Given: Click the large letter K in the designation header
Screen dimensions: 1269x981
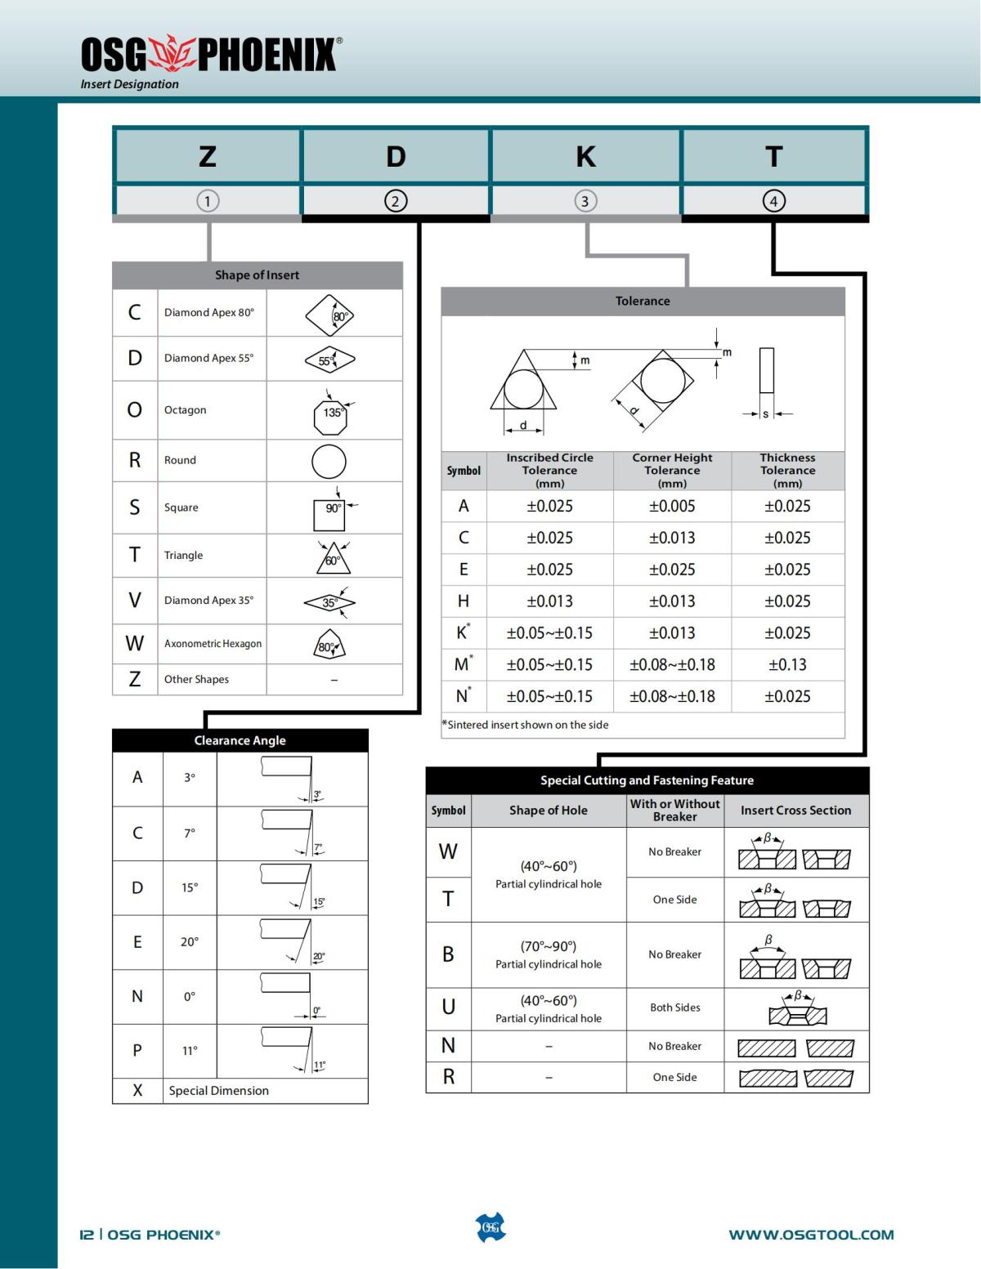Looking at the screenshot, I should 585,156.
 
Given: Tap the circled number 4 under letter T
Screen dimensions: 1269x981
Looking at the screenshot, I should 773,201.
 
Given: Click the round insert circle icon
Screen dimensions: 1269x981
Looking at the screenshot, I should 329,462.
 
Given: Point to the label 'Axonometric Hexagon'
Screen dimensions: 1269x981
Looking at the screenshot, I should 213,644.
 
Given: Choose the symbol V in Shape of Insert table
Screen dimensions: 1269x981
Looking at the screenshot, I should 135,601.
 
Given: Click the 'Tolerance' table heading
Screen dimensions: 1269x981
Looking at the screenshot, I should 643,302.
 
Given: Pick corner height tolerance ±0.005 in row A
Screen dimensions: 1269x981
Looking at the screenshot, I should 672,507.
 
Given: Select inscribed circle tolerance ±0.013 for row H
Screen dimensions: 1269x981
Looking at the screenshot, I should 549,601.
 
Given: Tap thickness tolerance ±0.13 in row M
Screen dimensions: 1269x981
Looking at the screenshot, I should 787,665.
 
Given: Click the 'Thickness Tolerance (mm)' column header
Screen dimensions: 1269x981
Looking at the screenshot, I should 787,471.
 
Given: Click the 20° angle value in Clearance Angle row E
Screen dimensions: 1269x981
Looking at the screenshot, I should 190,942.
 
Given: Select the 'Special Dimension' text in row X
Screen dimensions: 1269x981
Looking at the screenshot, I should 218,1091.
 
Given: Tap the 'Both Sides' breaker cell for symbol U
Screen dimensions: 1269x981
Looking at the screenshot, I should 675,1008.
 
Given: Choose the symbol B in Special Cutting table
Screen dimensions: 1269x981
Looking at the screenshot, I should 448,954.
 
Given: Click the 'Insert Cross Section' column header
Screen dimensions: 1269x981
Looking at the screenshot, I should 795,811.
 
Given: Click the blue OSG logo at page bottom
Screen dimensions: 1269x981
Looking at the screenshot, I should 490,1227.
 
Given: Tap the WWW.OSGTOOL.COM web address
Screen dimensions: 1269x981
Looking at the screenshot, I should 811,1235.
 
